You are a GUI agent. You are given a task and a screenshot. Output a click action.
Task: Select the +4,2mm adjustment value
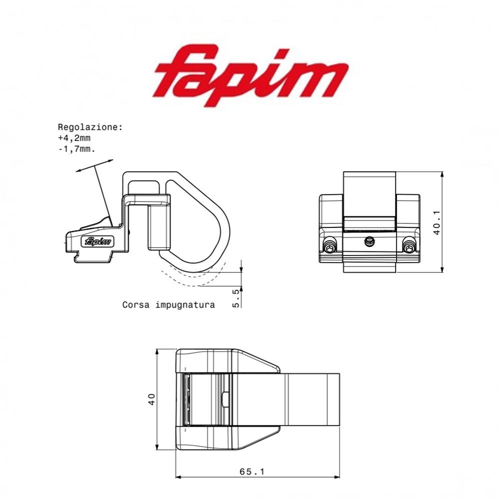point(74,138)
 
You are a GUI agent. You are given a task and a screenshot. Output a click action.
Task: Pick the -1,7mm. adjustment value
point(76,148)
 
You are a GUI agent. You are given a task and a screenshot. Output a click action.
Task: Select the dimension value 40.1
point(436,222)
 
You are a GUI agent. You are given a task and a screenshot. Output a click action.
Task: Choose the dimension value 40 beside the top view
point(152,398)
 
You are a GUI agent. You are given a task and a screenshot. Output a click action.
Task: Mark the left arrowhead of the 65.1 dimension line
point(178,476)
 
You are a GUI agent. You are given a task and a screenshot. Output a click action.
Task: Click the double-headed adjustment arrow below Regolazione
point(94,165)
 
